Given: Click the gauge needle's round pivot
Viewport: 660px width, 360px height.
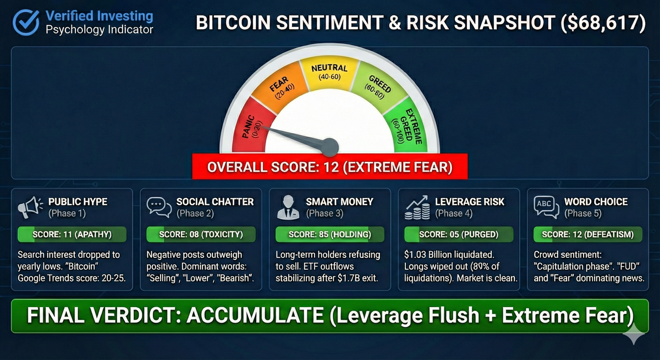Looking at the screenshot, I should pyautogui.click(x=329, y=146).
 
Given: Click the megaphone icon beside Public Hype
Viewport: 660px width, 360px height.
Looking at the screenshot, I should pyautogui.click(x=30, y=207).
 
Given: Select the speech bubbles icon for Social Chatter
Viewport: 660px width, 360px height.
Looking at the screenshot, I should pyautogui.click(x=159, y=207).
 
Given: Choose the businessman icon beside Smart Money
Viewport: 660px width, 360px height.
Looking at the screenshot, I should pyautogui.click(x=288, y=207).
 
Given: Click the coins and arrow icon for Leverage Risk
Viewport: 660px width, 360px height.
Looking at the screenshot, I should pyautogui.click(x=417, y=207).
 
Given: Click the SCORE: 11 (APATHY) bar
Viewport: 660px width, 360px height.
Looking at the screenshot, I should pyautogui.click(x=72, y=235).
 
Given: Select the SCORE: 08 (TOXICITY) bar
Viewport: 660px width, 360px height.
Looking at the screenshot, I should pyautogui.click(x=201, y=235).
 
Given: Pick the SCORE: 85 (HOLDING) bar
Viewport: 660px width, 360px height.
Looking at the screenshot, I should pyautogui.click(x=329, y=235).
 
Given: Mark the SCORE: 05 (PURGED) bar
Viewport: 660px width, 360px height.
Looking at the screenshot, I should pyautogui.click(x=458, y=235).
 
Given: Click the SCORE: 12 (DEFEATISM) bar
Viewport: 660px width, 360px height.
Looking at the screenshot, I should pyautogui.click(x=587, y=235).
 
